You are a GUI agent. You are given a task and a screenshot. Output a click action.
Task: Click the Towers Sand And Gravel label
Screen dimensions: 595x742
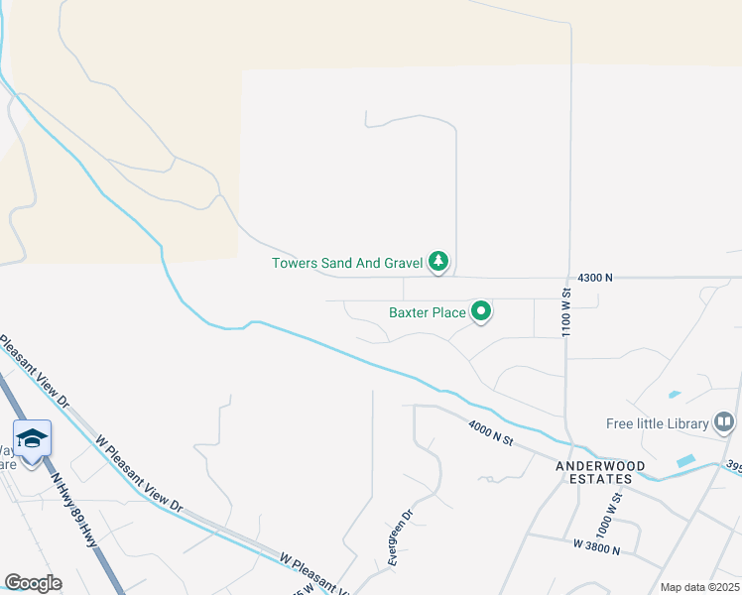[x=347, y=263]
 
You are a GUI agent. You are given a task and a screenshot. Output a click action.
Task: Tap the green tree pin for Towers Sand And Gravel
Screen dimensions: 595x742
[x=438, y=262]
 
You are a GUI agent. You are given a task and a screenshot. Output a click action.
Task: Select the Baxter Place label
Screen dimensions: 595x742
[x=427, y=312]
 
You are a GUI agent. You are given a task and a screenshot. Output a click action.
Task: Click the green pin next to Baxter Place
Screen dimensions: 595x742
[x=481, y=312]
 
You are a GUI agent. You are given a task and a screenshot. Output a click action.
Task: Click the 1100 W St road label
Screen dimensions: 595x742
[x=567, y=313]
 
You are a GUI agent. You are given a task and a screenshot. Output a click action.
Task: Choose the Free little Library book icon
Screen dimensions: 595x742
[x=725, y=423]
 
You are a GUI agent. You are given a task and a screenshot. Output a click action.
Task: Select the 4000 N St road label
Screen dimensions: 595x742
[x=491, y=432]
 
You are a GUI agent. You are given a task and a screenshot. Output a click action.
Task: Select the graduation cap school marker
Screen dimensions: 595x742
[x=33, y=437]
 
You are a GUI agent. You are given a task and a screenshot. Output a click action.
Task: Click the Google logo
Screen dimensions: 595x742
[x=33, y=583]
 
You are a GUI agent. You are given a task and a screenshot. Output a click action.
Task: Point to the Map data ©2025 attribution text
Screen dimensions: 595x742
[x=700, y=587]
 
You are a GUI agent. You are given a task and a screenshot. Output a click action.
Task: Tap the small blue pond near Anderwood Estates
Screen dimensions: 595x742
[x=685, y=461]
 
